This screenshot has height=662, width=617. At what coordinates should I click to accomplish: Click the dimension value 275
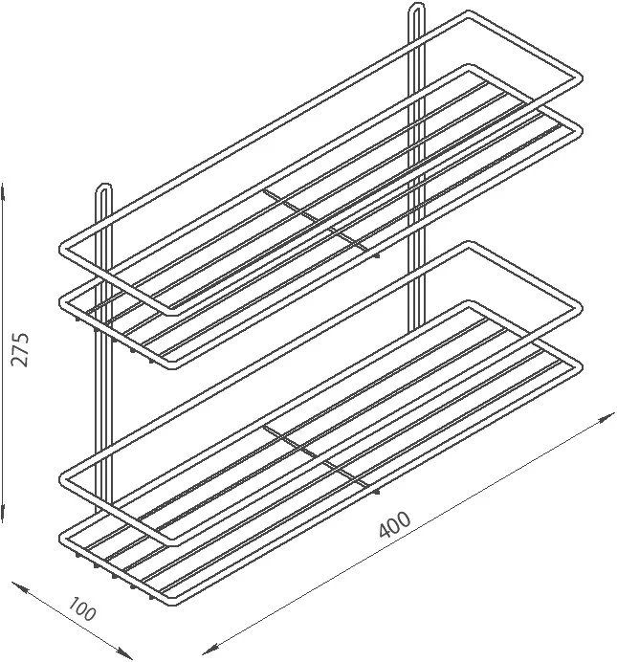tap(20, 350)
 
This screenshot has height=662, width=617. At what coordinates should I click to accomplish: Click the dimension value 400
tap(394, 525)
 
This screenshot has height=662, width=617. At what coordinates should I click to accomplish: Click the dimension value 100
tap(82, 609)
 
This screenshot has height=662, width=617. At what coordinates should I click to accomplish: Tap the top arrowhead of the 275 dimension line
tap(4, 191)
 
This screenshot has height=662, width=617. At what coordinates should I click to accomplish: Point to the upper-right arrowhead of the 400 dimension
tap(606, 417)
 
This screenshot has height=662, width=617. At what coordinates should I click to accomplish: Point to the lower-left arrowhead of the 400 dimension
tap(211, 648)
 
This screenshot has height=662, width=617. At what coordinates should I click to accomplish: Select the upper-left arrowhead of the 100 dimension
tap(20, 587)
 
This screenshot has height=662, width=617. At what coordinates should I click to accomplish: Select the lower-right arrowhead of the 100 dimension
tap(123, 651)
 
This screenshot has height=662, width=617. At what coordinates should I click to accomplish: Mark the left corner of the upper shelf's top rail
tap(63, 249)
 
